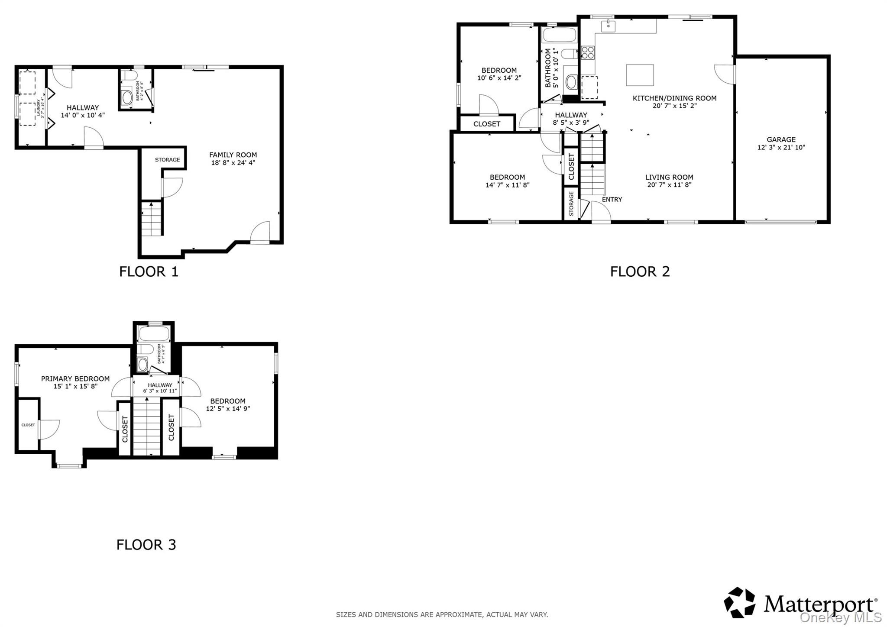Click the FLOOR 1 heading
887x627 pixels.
point(149,271)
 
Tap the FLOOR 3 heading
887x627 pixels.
point(146,544)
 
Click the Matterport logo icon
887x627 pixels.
point(739,602)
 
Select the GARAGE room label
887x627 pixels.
point(781,139)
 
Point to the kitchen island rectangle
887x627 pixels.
point(640,75)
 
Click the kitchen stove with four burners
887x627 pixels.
point(588,52)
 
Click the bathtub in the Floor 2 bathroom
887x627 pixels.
point(559,35)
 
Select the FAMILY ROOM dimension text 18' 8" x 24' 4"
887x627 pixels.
point(233,163)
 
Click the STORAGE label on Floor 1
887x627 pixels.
point(167,160)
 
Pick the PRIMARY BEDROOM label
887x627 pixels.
point(75,378)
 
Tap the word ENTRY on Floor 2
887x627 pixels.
point(612,199)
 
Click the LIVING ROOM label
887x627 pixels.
point(669,177)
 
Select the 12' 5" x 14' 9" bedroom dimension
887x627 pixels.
point(228,408)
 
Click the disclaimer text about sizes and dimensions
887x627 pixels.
point(442,614)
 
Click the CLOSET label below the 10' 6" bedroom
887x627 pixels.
point(486,124)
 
